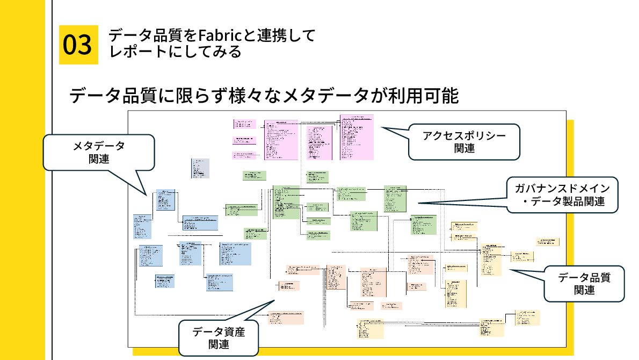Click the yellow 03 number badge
coord(78,45)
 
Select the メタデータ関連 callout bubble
coord(99,152)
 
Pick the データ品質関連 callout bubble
coord(584,284)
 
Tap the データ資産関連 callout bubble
coord(219,338)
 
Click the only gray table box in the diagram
coord(200,168)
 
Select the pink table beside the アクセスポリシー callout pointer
coord(357,137)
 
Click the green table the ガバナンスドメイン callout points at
coord(395,199)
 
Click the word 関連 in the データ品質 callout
coord(584,290)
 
